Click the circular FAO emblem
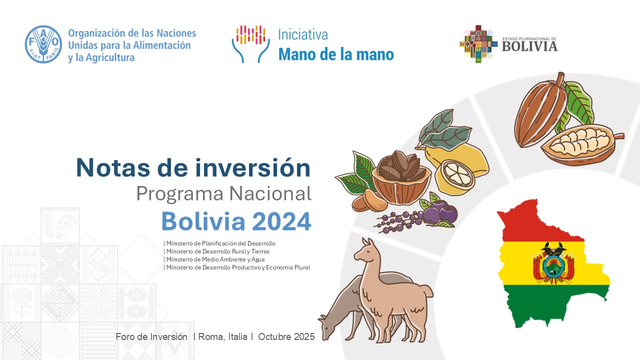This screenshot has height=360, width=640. [x=43, y=44]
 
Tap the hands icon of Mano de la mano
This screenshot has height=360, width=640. [x=251, y=44]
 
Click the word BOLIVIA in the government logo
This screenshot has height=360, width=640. [x=529, y=46]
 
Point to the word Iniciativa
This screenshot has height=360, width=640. [x=303, y=35]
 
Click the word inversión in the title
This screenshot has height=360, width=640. [x=253, y=167]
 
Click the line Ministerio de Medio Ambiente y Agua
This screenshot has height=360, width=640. [x=214, y=259]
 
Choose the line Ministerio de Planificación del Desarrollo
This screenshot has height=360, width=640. [x=219, y=243]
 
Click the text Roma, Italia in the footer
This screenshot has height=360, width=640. [x=222, y=336]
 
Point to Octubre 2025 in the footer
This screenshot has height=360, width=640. [x=286, y=336]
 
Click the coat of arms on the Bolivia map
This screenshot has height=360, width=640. [x=553, y=263]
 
